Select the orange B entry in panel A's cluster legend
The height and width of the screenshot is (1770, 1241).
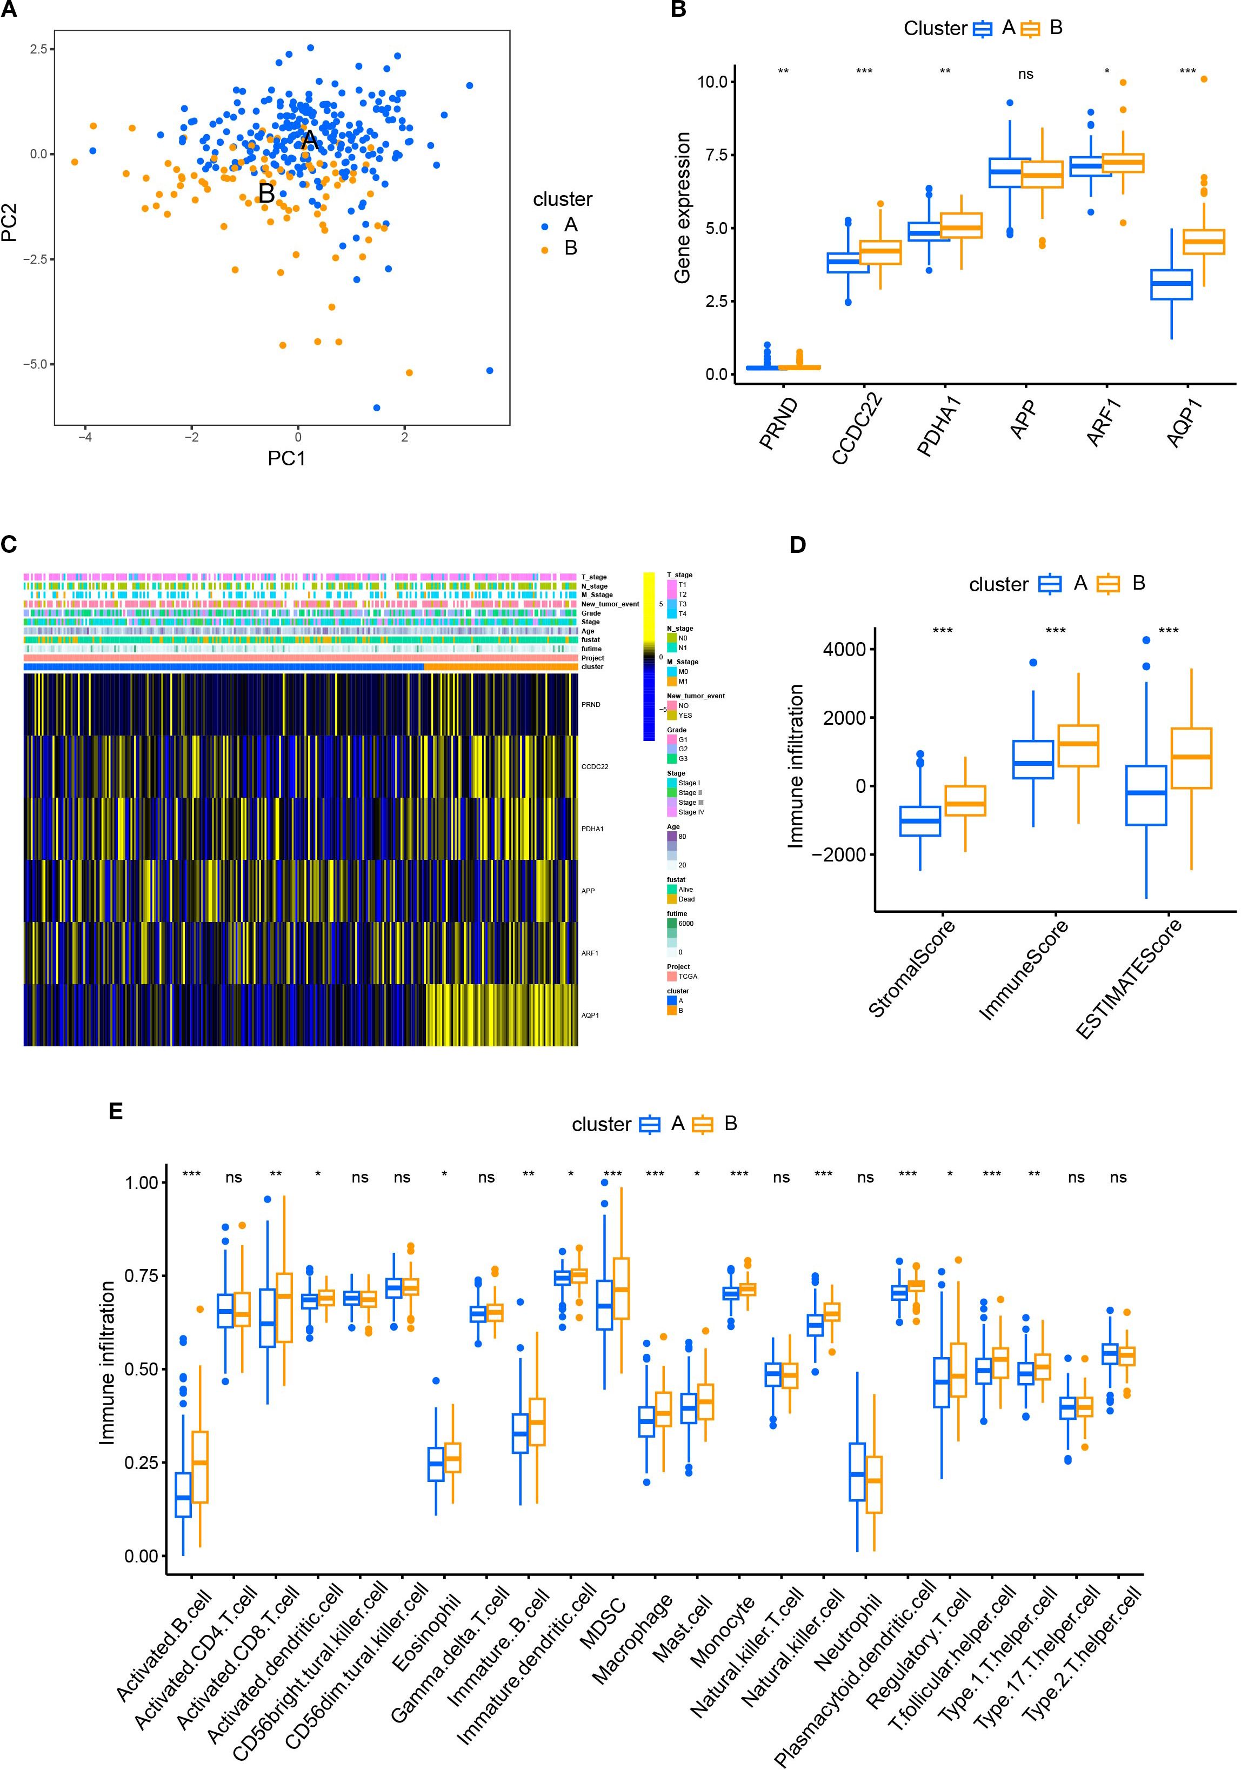570,248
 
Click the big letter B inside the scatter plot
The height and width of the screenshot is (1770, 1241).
266,193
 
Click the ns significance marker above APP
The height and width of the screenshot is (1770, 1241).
1025,75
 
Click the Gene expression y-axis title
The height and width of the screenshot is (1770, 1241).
682,208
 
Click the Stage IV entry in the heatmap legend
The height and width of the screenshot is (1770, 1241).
691,812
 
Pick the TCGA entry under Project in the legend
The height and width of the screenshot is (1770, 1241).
688,976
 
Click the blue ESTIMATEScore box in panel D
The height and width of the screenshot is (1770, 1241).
1146,796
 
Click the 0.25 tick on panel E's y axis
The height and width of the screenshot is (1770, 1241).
141,1463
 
